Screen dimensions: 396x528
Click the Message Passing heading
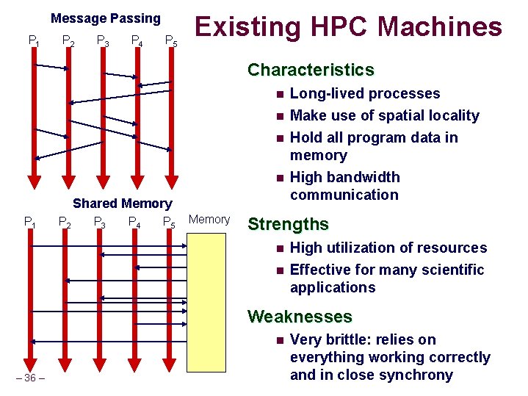[x=106, y=18]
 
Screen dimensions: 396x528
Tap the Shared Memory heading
[x=122, y=204]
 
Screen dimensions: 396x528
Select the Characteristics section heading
[x=311, y=70]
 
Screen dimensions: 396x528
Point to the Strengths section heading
[x=288, y=224]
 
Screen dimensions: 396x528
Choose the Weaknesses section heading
[x=300, y=317]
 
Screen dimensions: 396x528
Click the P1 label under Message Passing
[x=33, y=40]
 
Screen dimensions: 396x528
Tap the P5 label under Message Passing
[x=170, y=40]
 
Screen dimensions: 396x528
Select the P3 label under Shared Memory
[x=101, y=222]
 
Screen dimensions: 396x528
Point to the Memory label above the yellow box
[x=209, y=219]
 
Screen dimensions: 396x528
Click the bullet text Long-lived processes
[x=365, y=94]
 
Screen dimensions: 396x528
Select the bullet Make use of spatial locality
[x=384, y=115]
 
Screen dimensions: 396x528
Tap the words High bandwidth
[x=345, y=177]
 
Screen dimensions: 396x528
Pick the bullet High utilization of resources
[x=388, y=248]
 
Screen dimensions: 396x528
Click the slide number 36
[x=29, y=378]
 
